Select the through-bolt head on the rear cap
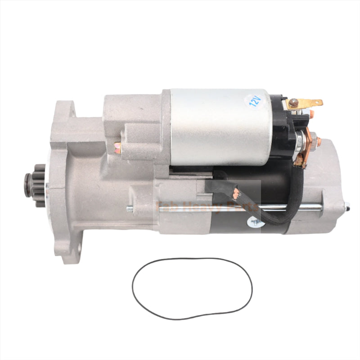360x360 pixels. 347,207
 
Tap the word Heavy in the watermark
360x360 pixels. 197,207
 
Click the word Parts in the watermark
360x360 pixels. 243,207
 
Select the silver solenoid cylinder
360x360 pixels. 216,126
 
